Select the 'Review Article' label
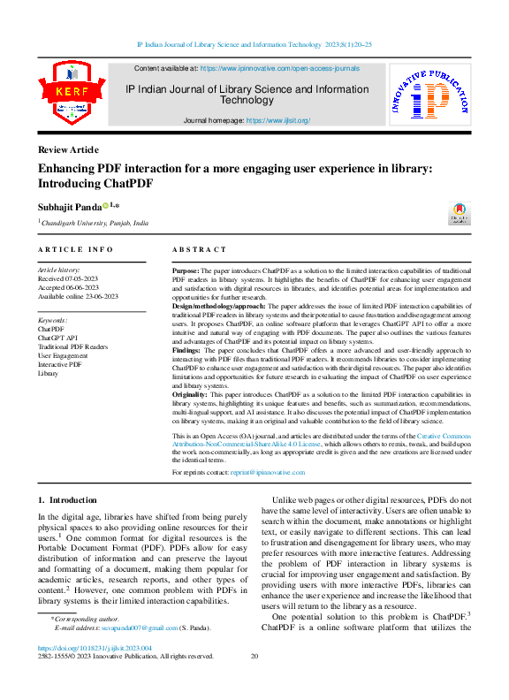click(x=68, y=149)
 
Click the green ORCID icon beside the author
click(x=105, y=206)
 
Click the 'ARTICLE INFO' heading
click(x=76, y=250)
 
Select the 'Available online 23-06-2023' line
click(x=78, y=296)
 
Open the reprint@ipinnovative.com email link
click(x=267, y=473)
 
